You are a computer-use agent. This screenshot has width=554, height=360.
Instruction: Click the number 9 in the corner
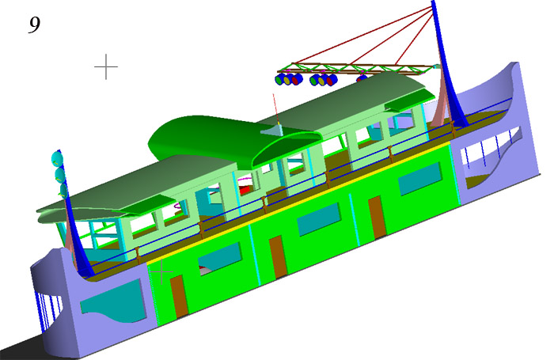[34, 25]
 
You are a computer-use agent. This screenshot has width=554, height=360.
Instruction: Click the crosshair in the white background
[106, 66]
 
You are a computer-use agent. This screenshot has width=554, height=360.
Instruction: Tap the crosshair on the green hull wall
[161, 271]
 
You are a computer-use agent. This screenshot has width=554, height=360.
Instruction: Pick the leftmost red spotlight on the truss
[297, 79]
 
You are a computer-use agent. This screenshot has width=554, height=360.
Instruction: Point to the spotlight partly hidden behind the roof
[362, 78]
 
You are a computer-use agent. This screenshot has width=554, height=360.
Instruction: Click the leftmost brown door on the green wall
[179, 297]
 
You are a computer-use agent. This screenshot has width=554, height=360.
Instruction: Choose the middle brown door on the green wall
[279, 256]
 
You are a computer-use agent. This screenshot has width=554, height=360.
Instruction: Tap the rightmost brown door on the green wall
[378, 217]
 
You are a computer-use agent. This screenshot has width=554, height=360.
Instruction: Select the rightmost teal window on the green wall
[420, 179]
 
